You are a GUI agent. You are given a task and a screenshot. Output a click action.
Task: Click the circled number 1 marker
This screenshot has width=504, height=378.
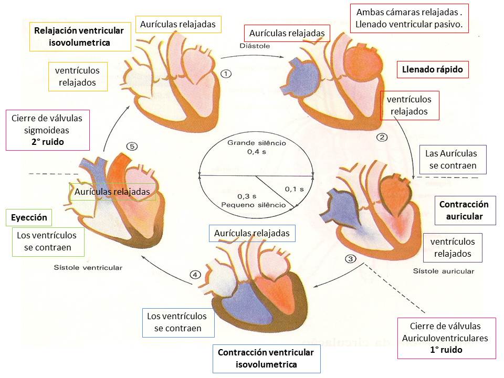click(x=226, y=73)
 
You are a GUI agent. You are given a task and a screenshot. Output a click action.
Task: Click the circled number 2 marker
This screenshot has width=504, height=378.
click(x=382, y=138)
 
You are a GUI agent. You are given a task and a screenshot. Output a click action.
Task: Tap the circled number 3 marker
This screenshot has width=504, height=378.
click(x=351, y=259)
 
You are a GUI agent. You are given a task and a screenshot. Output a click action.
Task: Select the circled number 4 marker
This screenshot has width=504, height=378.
click(x=195, y=275)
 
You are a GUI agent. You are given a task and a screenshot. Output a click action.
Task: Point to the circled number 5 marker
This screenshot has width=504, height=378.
click(x=132, y=147)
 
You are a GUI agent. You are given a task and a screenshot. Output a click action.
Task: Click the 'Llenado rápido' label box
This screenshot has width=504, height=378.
click(x=433, y=69)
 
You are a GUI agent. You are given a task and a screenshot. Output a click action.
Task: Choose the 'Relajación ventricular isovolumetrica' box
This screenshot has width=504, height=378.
click(x=79, y=36)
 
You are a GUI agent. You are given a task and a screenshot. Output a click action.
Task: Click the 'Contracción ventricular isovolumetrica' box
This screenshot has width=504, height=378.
click(x=267, y=358)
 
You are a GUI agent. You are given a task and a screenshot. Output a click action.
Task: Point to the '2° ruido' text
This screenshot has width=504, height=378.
click(x=47, y=142)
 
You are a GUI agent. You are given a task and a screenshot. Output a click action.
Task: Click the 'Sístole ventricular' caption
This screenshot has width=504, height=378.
click(x=88, y=267)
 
